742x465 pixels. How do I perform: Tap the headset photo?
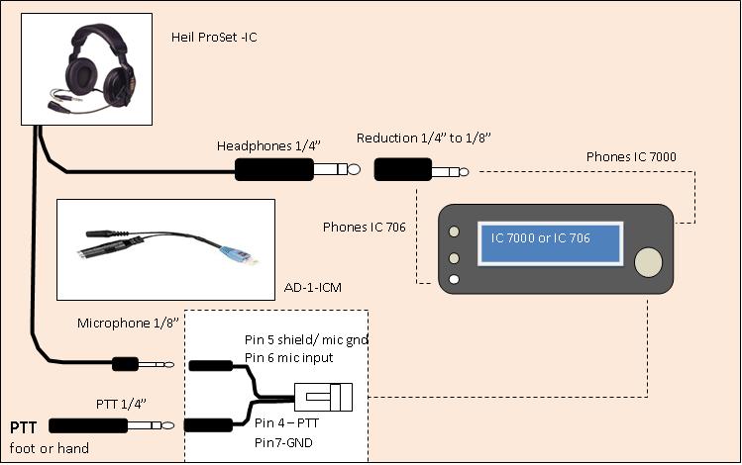(x=86, y=68)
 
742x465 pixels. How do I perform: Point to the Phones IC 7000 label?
(x=631, y=156)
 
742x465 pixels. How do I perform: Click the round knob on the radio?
(x=649, y=262)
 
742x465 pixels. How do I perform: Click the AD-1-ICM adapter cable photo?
(x=164, y=250)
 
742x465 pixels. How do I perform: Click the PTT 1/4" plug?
(x=94, y=426)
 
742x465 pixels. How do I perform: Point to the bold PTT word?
(x=25, y=427)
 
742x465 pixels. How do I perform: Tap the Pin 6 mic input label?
(x=288, y=357)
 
